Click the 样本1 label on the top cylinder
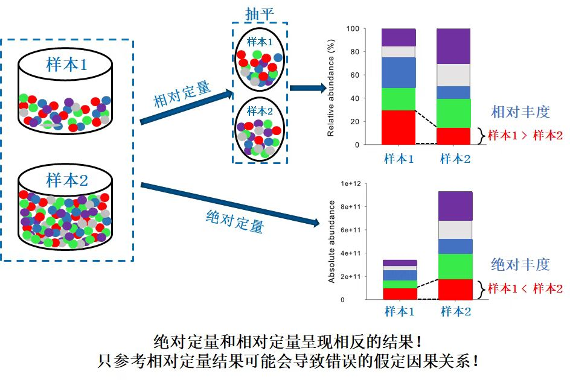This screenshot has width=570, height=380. (x=66, y=65)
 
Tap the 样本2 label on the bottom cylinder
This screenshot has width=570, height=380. (x=66, y=180)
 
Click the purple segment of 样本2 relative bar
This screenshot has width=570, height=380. (x=453, y=46)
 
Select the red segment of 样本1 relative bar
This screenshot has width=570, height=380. (x=399, y=127)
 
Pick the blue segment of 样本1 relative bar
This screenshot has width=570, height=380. (x=399, y=72)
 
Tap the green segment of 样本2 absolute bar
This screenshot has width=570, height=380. (x=455, y=266)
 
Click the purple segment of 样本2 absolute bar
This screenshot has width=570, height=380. (x=455, y=206)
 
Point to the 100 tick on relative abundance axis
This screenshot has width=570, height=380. (x=353, y=29)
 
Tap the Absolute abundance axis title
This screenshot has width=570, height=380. (x=331, y=241)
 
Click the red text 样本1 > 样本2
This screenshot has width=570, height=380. (x=525, y=136)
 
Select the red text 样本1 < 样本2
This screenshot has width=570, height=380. (x=525, y=288)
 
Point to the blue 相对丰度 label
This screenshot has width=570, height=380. (x=520, y=112)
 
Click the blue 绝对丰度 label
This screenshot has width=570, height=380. (x=520, y=264)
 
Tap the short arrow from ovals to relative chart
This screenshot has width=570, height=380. (x=308, y=88)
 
